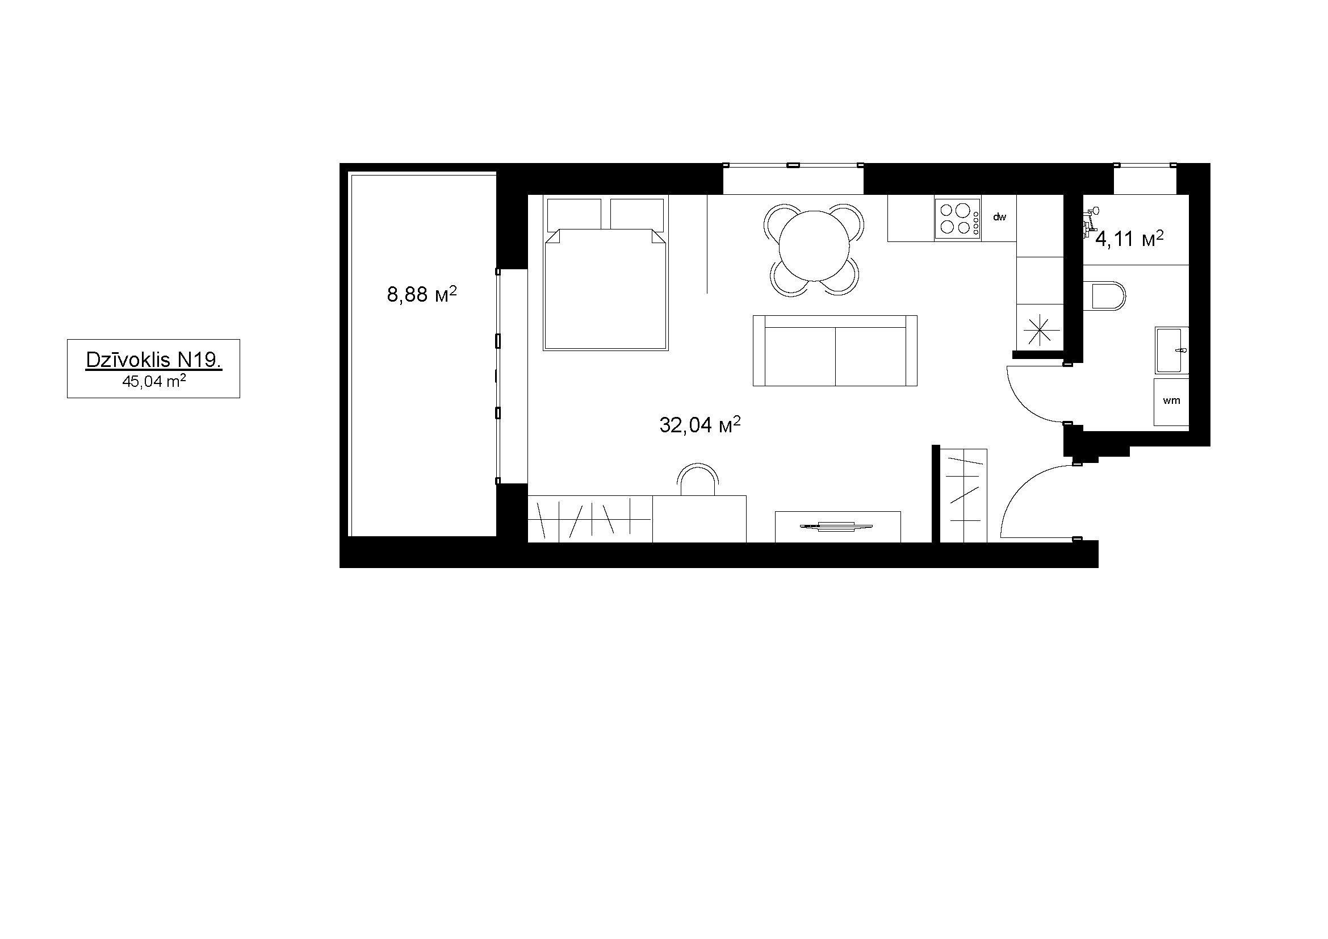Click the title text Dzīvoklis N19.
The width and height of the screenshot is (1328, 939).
click(x=154, y=360)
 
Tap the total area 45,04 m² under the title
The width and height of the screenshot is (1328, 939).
click(x=154, y=381)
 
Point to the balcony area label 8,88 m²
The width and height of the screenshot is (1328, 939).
click(x=422, y=294)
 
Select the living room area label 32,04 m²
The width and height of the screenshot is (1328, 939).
click(x=700, y=424)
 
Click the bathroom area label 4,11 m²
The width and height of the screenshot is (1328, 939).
click(x=1129, y=238)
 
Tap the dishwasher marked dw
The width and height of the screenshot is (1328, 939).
click(x=999, y=218)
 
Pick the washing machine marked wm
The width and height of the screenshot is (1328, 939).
click(x=1171, y=401)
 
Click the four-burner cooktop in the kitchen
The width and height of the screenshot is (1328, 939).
click(x=958, y=218)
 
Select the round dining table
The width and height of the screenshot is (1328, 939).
click(x=814, y=245)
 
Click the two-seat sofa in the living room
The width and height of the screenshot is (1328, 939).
click(x=835, y=350)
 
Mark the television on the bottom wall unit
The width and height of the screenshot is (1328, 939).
click(x=835, y=526)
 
